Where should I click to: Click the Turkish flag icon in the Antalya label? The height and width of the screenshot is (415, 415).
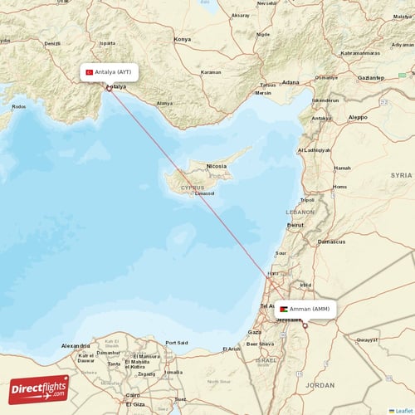(x=90, y=73)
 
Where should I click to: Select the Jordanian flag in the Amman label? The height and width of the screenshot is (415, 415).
(x=284, y=309)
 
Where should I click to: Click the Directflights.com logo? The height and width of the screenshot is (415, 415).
(x=39, y=388)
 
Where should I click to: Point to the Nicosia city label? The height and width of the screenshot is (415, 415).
(x=216, y=165)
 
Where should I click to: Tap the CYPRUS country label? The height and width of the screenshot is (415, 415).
(x=192, y=188)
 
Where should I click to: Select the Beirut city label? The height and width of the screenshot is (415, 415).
(x=295, y=225)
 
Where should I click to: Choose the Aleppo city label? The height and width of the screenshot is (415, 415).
(x=358, y=118)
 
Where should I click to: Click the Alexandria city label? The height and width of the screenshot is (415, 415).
(x=76, y=344)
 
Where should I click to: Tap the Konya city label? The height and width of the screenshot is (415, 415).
(x=182, y=39)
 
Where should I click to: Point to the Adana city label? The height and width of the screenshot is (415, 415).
(x=290, y=83)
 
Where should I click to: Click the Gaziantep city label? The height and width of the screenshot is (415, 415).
(x=370, y=77)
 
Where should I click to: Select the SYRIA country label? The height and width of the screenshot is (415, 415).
(x=401, y=176)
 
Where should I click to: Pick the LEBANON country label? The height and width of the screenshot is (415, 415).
(x=300, y=212)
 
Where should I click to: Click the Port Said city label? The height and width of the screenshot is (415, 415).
(x=176, y=342)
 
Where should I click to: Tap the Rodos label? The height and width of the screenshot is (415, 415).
(x=18, y=106)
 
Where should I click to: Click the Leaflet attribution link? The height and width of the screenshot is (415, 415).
(x=403, y=410)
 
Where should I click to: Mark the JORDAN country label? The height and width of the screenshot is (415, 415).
(x=320, y=385)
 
